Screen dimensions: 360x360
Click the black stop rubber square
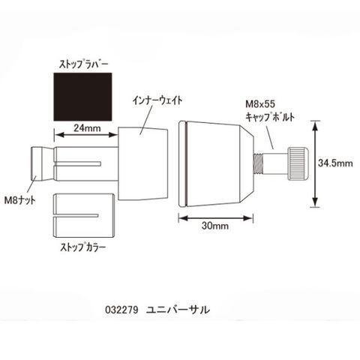point(82,97)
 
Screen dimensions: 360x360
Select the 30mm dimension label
point(215,226)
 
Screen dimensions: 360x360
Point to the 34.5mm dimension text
point(335,163)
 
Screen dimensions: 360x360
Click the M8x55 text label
point(260,104)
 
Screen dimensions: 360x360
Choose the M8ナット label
point(20,200)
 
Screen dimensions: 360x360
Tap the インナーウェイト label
point(157,100)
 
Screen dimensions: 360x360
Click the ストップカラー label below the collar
point(83,247)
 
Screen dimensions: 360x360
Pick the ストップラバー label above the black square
point(83,64)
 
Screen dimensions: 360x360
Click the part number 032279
point(121,310)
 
